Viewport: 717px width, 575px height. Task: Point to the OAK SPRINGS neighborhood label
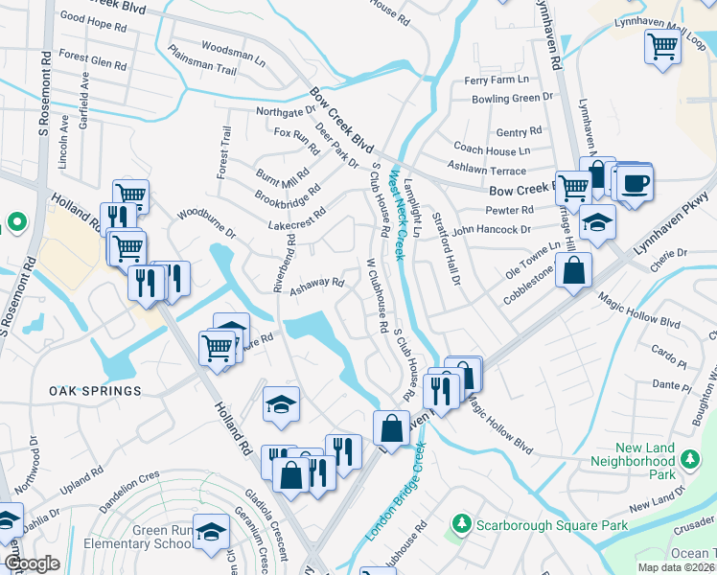97,391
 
